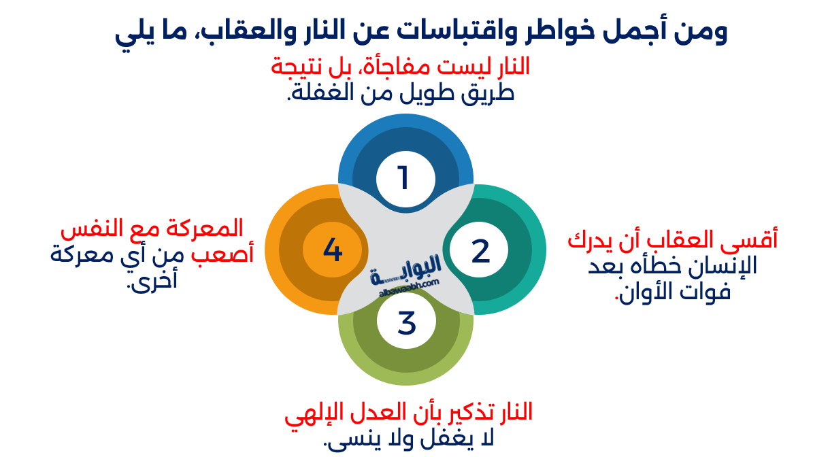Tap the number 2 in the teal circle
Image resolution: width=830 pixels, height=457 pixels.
[x=480, y=251]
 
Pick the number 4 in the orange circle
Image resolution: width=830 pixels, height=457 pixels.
[x=333, y=250]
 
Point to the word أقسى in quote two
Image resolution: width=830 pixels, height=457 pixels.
[x=755, y=239]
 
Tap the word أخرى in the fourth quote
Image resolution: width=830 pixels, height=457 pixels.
[x=152, y=280]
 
